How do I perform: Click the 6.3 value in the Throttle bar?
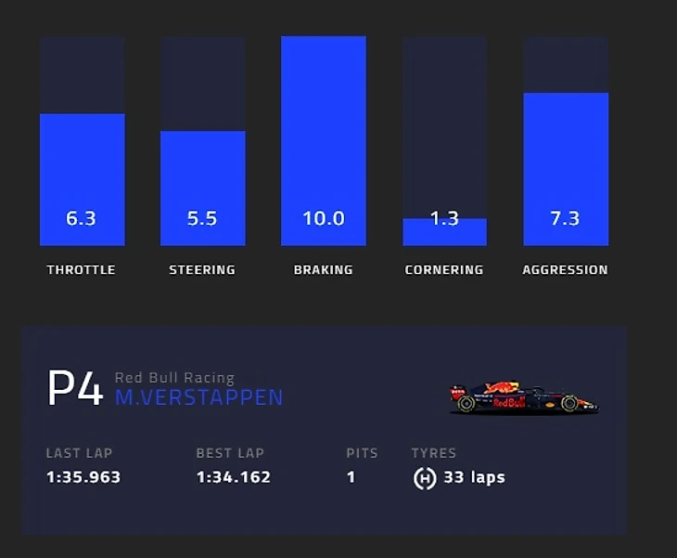(82, 219)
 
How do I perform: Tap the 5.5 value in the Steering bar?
(202, 219)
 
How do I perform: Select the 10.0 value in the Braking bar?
(324, 219)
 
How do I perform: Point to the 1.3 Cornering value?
(444, 219)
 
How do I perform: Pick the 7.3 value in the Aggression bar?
(565, 219)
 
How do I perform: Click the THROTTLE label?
(82, 270)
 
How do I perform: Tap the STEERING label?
(202, 270)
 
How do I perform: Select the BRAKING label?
(324, 270)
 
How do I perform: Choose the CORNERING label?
(444, 270)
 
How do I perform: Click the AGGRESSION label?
(565, 270)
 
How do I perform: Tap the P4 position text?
(75, 389)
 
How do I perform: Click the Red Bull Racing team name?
(174, 378)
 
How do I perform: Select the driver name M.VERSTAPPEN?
(198, 398)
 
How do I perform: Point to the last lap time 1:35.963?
(83, 478)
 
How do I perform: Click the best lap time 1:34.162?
(234, 478)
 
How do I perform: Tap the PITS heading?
(362, 454)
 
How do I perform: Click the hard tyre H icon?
(425, 479)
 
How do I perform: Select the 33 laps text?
(474, 478)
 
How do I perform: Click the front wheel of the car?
(569, 404)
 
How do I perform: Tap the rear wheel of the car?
(466, 404)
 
